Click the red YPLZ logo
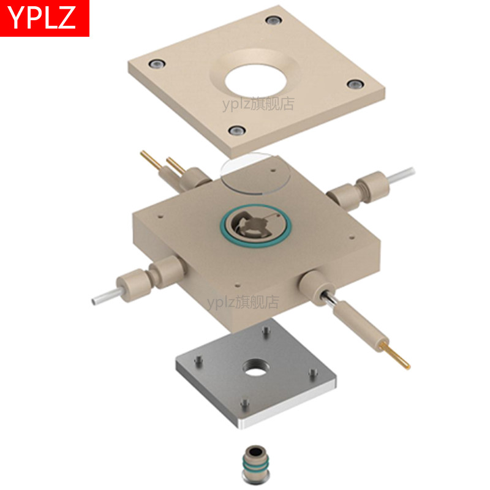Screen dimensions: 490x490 [44, 18]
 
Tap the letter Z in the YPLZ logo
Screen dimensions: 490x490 [67, 17]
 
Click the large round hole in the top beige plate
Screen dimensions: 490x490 [255, 81]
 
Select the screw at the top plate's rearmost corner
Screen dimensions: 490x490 [274, 21]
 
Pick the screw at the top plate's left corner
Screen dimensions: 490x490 [157, 64]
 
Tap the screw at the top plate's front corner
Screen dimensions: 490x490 [237, 130]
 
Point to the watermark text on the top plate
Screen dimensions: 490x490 [258, 104]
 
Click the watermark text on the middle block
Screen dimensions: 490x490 [243, 302]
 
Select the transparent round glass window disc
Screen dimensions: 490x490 [255, 173]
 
